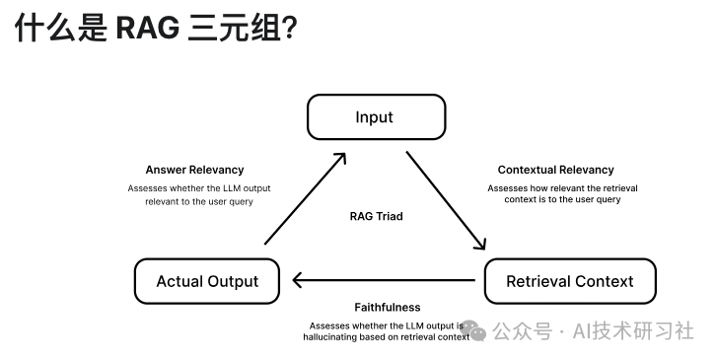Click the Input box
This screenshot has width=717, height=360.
(x=374, y=117)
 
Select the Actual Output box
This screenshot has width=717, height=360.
(x=207, y=281)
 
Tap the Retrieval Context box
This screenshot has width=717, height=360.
(x=569, y=281)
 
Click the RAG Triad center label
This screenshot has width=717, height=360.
(x=376, y=216)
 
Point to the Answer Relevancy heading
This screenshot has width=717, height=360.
(x=194, y=170)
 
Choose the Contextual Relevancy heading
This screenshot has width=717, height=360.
(x=555, y=170)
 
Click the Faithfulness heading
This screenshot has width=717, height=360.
(x=387, y=307)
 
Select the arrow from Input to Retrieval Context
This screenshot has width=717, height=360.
(x=446, y=201)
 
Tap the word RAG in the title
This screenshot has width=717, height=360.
(x=145, y=30)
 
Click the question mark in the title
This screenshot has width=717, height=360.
(x=289, y=30)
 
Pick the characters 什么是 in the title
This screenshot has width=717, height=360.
(x=58, y=30)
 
